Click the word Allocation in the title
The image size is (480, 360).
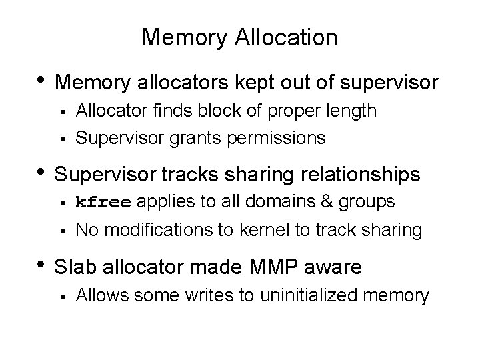[286, 37]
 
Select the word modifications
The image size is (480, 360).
[154, 230]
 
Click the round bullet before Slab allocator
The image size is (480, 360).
[41, 264]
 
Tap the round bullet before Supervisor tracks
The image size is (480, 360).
[41, 171]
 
